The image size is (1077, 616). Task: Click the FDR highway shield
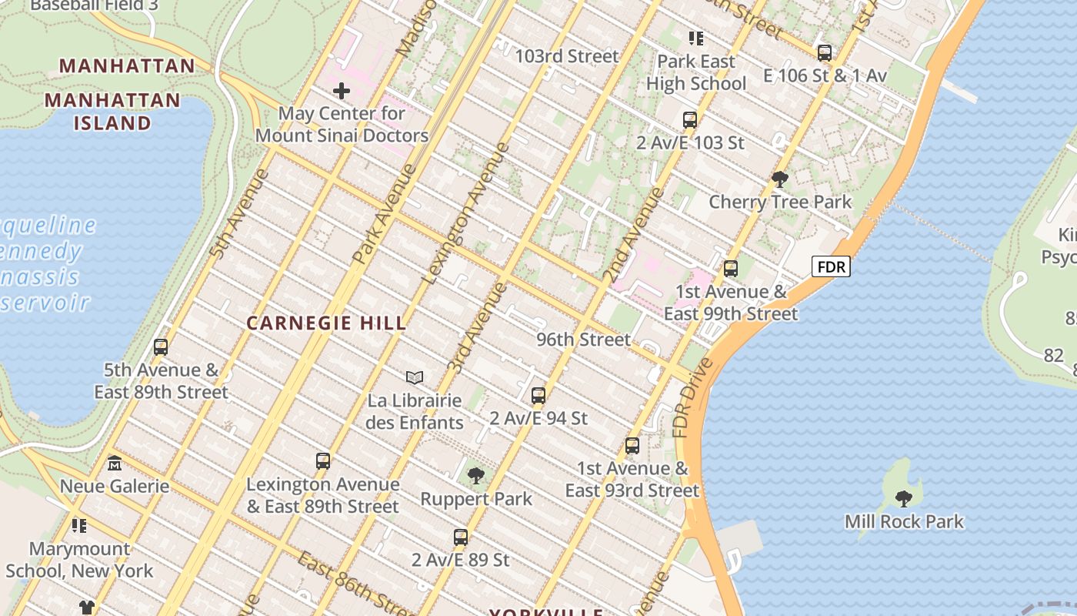click(832, 267)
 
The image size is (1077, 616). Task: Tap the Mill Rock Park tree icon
click(904, 498)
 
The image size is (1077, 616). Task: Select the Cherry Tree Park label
click(779, 202)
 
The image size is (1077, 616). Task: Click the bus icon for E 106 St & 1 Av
click(825, 53)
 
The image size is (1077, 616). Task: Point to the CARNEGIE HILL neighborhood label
click(326, 323)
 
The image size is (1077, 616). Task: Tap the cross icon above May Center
click(341, 92)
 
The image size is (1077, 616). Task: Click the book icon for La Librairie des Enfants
click(415, 377)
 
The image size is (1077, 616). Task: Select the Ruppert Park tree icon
click(476, 476)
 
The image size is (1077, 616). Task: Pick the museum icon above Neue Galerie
click(115, 463)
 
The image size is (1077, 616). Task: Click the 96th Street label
click(583, 340)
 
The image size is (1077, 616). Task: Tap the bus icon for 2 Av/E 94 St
click(538, 396)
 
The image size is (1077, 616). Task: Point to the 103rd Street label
click(566, 56)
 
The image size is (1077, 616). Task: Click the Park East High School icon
click(696, 38)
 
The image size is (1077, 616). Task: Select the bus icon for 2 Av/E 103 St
click(690, 120)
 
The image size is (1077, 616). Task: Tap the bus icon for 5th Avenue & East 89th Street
click(161, 347)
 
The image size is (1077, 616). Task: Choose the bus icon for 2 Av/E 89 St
click(461, 537)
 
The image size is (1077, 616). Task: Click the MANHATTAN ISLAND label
click(112, 111)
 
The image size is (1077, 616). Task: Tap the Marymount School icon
click(79, 526)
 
